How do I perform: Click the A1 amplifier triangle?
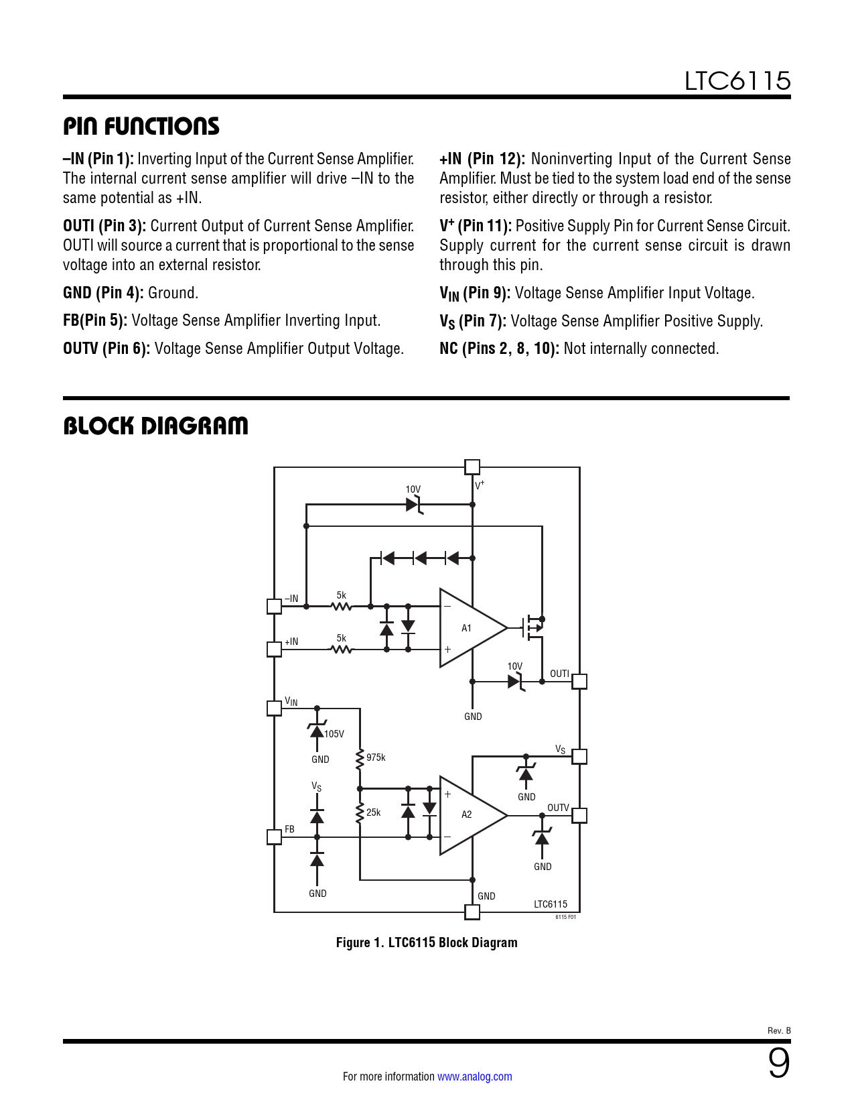(x=473, y=628)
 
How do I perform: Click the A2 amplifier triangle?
(x=473, y=815)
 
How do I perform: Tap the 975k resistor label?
(x=376, y=757)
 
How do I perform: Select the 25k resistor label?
(x=373, y=812)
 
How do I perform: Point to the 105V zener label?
(x=334, y=734)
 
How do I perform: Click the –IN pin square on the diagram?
(x=274, y=606)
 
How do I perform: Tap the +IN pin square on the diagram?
(x=274, y=650)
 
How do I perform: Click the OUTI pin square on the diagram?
(x=579, y=682)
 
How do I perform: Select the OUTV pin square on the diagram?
(x=579, y=815)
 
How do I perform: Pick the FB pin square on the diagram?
(x=274, y=837)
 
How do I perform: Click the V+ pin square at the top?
(x=472, y=467)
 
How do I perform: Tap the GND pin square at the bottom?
(x=472, y=912)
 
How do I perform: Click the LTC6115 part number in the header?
(x=737, y=81)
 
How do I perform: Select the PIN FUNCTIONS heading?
(x=141, y=126)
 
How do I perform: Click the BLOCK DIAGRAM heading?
(x=155, y=426)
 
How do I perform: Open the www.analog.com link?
(x=475, y=1077)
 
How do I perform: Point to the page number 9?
(x=779, y=1063)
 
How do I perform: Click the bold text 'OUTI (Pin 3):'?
(x=104, y=225)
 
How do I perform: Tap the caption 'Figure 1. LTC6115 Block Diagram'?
(x=427, y=942)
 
